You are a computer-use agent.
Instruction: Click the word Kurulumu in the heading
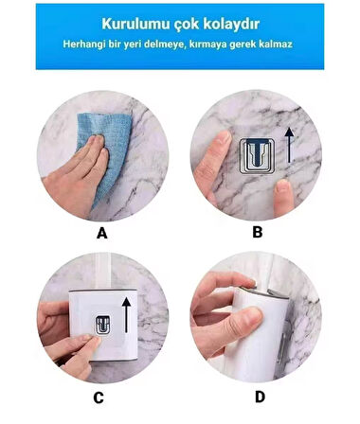[x=135, y=24]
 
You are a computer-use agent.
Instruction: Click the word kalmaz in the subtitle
[x=276, y=44]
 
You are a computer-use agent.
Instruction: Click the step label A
[x=101, y=234]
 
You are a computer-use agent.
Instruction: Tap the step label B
[x=258, y=232]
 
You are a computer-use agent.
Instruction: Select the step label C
[x=99, y=397]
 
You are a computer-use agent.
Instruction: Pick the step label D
[x=260, y=397]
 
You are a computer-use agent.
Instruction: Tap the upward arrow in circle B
[x=289, y=145]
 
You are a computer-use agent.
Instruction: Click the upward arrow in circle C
[x=126, y=315]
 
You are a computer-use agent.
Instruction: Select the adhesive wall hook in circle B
[x=257, y=156]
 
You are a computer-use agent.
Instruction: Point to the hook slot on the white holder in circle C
[x=103, y=325]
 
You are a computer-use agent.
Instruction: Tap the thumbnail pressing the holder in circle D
[x=253, y=316]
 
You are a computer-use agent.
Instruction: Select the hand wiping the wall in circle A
[x=76, y=177]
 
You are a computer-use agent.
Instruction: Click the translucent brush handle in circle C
[x=101, y=271]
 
